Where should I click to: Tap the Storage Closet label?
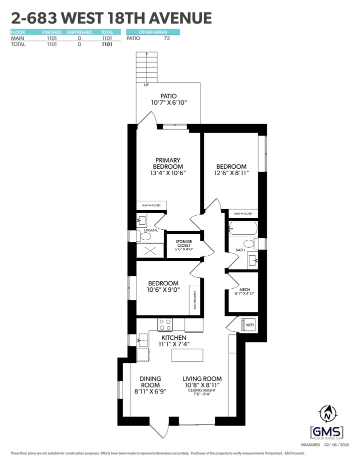click(184, 245)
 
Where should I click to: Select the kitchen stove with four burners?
click(165, 324)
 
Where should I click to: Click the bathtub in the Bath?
click(242, 229)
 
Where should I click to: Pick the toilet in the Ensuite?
click(145, 236)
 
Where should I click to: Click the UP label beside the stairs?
click(146, 85)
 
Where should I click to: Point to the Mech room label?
click(245, 292)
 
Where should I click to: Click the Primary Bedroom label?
click(167, 167)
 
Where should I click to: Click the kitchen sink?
click(142, 340)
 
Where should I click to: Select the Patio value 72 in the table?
click(167, 38)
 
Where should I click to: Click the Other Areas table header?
click(152, 32)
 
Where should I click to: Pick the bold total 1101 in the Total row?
click(106, 44)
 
